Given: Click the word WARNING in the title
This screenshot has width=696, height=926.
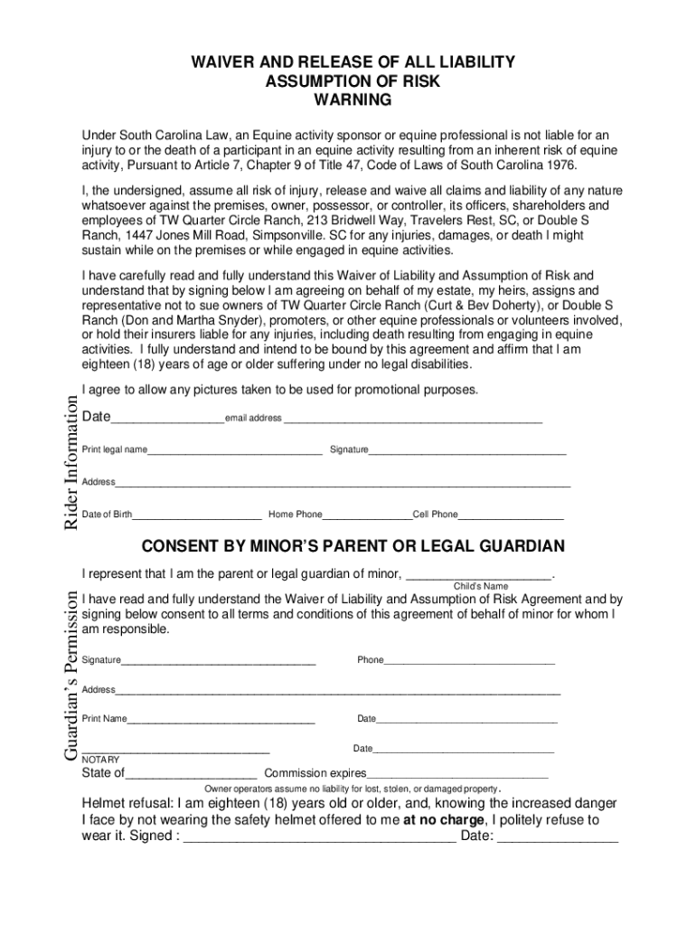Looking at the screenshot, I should [x=352, y=99].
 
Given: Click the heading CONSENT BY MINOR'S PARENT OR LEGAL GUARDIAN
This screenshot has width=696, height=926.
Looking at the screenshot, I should [x=353, y=546].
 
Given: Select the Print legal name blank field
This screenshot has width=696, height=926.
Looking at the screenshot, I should [x=235, y=451].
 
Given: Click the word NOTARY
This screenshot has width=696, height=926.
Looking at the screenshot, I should [x=100, y=760].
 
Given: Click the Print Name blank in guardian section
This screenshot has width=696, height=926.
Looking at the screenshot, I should [x=221, y=722].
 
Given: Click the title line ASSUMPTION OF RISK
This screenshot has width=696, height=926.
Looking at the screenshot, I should [x=352, y=80].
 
